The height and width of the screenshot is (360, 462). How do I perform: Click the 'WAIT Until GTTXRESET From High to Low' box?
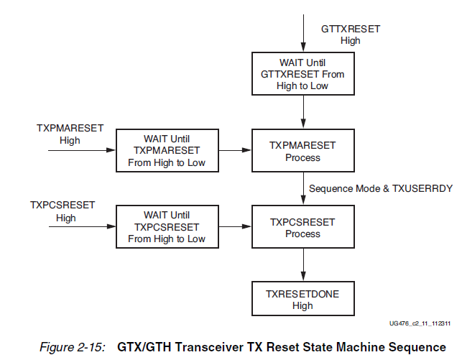(x=302, y=73)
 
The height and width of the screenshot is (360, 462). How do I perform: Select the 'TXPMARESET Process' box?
(x=302, y=151)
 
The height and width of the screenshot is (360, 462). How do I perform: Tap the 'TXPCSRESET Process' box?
(x=302, y=228)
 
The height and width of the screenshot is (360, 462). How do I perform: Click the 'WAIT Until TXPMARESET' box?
(x=167, y=151)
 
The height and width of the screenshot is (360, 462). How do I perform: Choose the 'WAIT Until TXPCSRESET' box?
(x=167, y=228)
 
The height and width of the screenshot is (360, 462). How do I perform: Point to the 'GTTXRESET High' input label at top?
(x=350, y=34)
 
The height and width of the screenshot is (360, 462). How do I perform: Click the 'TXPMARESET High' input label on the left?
(x=70, y=134)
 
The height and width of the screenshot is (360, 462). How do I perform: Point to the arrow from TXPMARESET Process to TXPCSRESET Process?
(x=303, y=189)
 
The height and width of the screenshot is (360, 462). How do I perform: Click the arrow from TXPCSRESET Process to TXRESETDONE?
(x=303, y=266)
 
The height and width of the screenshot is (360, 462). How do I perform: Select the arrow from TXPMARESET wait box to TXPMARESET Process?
(x=234, y=151)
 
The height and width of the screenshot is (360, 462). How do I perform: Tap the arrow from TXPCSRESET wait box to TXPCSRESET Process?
(x=234, y=228)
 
